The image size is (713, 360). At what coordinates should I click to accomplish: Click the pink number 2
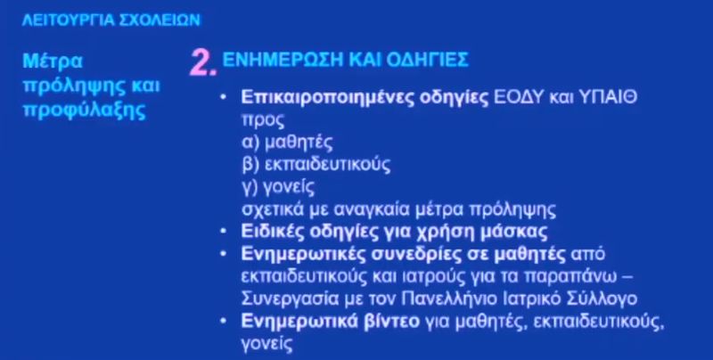pos(203,62)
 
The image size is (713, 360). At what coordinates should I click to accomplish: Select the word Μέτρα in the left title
pos(53,61)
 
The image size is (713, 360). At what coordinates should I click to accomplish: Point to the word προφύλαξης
pos(85,110)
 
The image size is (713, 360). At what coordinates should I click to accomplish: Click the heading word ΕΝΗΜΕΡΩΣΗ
pos(282,60)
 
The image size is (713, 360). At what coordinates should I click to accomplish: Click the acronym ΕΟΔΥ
pos(519,97)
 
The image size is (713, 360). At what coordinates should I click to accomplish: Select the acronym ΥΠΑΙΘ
pos(607,97)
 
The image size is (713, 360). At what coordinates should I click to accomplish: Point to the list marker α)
pos(250,143)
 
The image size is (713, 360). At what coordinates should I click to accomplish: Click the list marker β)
pos(250,165)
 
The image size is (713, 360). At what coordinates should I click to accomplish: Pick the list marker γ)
pos(250,187)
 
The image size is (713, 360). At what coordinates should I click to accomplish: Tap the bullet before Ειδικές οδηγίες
pos(223,232)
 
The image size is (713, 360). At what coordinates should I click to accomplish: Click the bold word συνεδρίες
pos(416,254)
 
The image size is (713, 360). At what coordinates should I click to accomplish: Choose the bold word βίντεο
pos(392,322)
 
